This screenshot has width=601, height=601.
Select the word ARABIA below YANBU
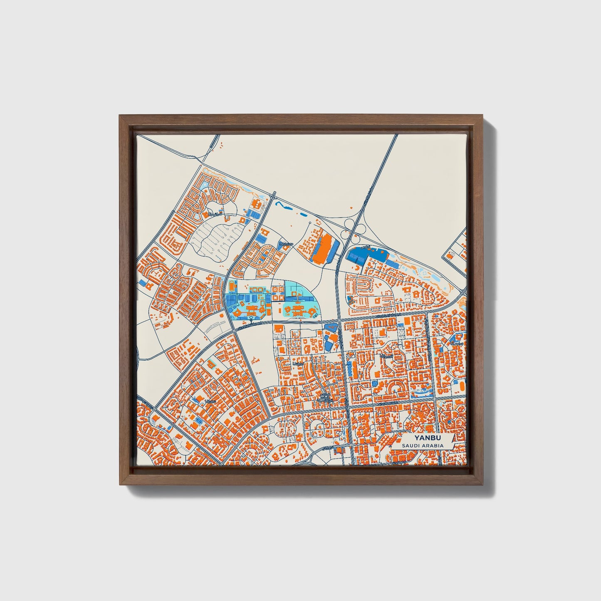click(x=433, y=445)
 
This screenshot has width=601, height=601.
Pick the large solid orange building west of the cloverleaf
click(x=324, y=248)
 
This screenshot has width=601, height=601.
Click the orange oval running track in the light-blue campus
click(x=231, y=286)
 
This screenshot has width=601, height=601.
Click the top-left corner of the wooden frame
click(x=120, y=116)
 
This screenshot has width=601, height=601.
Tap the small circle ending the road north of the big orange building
click(x=310, y=224)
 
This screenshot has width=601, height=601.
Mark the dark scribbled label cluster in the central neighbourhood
click(x=323, y=398)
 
